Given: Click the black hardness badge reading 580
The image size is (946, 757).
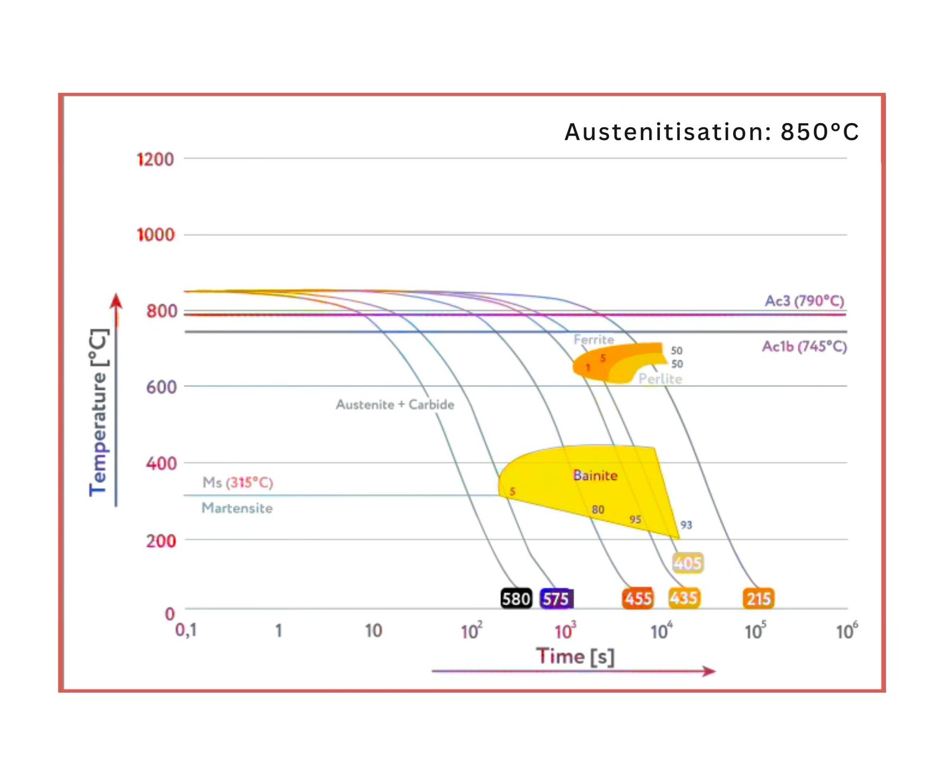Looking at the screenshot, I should [x=516, y=599].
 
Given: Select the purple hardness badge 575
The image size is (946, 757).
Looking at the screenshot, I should [x=556, y=599].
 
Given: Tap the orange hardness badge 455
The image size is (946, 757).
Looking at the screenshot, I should [x=638, y=599].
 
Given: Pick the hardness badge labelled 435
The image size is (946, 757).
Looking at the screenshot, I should [x=683, y=598].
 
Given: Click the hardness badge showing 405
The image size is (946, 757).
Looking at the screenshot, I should [x=688, y=562].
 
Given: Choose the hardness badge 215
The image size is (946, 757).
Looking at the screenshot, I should [x=759, y=599].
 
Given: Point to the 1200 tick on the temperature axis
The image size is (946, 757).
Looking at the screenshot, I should [x=155, y=159].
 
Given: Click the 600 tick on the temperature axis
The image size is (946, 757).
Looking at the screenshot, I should [x=161, y=387].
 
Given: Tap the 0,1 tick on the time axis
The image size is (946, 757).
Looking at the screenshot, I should [x=186, y=630].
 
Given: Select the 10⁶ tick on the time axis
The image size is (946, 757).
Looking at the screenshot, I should [x=846, y=631].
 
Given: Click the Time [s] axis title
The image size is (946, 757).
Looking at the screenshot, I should [x=575, y=656].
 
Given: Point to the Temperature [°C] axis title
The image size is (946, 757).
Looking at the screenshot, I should [x=99, y=412].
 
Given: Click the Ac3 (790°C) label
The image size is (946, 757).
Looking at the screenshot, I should [x=804, y=301].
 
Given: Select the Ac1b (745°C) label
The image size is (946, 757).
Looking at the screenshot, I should [x=804, y=347].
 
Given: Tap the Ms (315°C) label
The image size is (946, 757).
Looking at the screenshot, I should [x=238, y=483].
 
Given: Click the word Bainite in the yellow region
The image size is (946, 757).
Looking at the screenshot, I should [x=595, y=475].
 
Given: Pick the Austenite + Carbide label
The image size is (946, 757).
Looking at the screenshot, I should [x=395, y=405].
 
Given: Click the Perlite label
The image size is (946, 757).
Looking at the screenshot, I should [x=660, y=378].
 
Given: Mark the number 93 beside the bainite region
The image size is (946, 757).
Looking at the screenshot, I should [x=686, y=525].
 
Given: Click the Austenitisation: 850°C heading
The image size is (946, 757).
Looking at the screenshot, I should [x=711, y=132].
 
